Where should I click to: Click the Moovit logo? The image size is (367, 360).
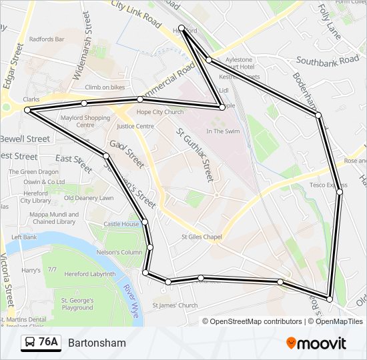pos(316,343)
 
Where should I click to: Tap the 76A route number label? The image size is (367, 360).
pos(48,343)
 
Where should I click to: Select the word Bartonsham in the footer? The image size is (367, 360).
pos(97,343)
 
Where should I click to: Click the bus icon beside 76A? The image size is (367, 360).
pos(30,343)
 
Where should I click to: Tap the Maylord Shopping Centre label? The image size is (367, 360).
pos(85,121)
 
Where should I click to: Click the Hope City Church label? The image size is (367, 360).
pos(159,112)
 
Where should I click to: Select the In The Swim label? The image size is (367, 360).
pos(223,131)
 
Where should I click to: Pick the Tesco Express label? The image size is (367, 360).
pos(328,185)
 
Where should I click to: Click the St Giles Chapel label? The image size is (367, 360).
pos(201,237)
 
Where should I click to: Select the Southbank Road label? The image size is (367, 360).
pos(328,60)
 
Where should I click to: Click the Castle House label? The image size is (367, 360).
pos(121,224)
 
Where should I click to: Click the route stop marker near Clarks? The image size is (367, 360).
pos(27,110)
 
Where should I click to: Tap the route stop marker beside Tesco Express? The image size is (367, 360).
pos(340,192)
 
